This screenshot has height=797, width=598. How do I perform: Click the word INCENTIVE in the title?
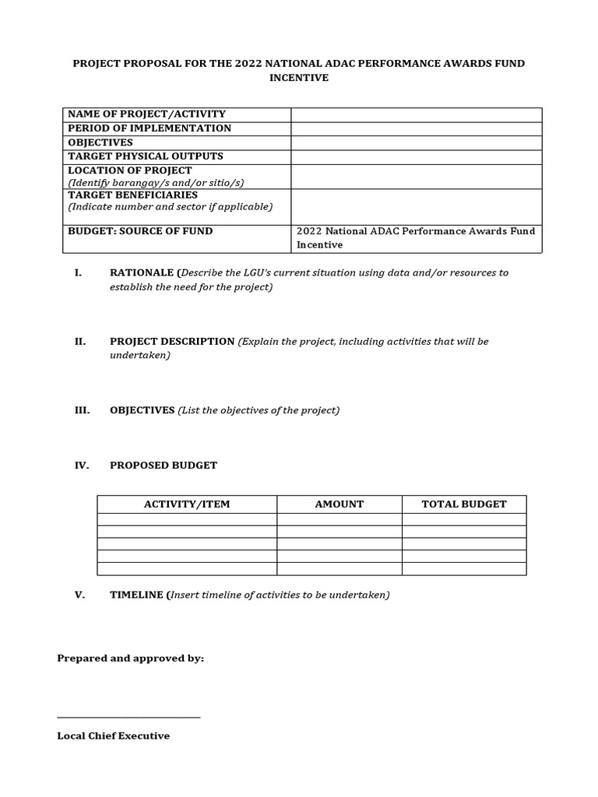click(x=298, y=79)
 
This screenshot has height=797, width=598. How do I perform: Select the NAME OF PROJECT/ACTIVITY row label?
click(x=146, y=114)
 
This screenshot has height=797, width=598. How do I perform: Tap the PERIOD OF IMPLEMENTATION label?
click(x=149, y=128)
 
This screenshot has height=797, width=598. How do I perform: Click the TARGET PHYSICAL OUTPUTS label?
click(x=146, y=156)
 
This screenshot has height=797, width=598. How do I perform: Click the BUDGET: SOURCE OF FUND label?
click(x=140, y=231)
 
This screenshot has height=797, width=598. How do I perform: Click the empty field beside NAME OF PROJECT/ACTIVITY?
click(x=417, y=115)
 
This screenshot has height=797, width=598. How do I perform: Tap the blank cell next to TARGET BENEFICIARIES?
click(x=417, y=207)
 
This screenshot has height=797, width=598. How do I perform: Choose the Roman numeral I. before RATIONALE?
click(x=78, y=273)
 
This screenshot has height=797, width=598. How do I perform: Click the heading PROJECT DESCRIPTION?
click(x=172, y=342)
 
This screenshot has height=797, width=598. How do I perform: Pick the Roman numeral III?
click(x=83, y=410)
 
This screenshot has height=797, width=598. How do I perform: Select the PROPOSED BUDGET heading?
click(x=164, y=465)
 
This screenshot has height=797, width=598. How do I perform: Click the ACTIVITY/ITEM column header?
click(x=187, y=504)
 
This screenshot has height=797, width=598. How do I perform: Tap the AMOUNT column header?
click(x=339, y=504)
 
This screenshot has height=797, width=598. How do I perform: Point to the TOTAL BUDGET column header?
click(x=464, y=504)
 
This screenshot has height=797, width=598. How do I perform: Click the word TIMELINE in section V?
click(x=135, y=595)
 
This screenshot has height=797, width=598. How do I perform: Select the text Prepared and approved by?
click(x=131, y=658)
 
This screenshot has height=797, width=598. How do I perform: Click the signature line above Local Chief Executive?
click(x=128, y=717)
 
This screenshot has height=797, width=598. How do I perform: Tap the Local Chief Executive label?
click(x=114, y=736)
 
